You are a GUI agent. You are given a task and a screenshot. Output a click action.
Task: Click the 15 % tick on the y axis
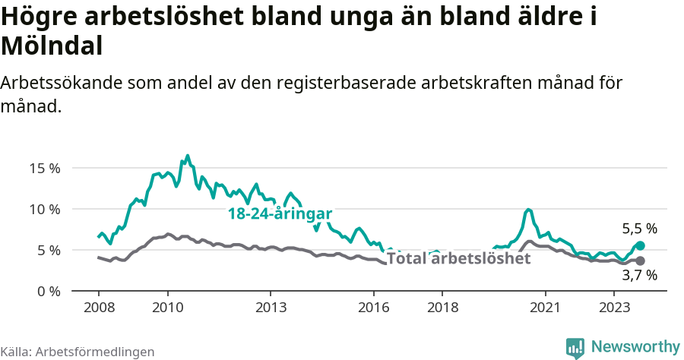45,168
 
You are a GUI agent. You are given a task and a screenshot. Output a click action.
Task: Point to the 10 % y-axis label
45,209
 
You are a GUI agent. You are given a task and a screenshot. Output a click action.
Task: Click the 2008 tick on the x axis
99,308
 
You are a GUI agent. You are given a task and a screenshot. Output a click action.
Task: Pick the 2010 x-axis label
167,308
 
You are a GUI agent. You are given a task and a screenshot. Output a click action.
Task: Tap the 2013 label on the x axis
271,308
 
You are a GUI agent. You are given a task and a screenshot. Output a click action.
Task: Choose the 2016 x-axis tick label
374,308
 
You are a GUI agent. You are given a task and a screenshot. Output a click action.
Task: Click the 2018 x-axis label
442,308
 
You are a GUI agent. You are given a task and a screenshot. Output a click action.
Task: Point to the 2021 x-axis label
546,308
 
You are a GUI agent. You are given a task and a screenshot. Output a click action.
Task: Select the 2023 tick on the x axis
614,308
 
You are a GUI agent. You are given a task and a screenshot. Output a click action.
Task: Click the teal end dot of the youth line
640,245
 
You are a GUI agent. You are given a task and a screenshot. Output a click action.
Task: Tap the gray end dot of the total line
640,261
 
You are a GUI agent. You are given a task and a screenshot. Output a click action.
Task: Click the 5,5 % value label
639,228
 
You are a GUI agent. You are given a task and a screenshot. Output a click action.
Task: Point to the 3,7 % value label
639,276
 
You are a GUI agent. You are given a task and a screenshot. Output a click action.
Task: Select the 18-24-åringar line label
280,214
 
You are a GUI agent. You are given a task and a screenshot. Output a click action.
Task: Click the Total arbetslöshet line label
458,259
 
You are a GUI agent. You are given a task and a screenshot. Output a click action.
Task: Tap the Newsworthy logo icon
575,347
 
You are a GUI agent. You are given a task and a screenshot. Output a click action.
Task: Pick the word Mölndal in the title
52,46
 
